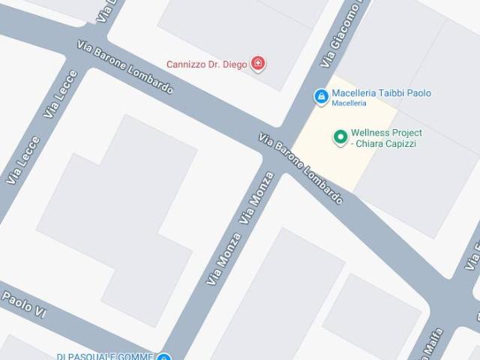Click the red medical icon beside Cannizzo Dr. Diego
(x=259, y=64)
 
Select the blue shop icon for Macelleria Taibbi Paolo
(x=320, y=95)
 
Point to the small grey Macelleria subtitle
(x=349, y=103)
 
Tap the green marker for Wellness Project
(x=339, y=136)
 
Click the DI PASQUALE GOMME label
(x=105, y=356)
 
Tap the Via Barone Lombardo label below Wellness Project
(x=301, y=169)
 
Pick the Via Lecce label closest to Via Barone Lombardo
(x=61, y=94)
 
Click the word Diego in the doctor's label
(x=235, y=64)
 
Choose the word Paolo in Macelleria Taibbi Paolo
(x=418, y=93)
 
